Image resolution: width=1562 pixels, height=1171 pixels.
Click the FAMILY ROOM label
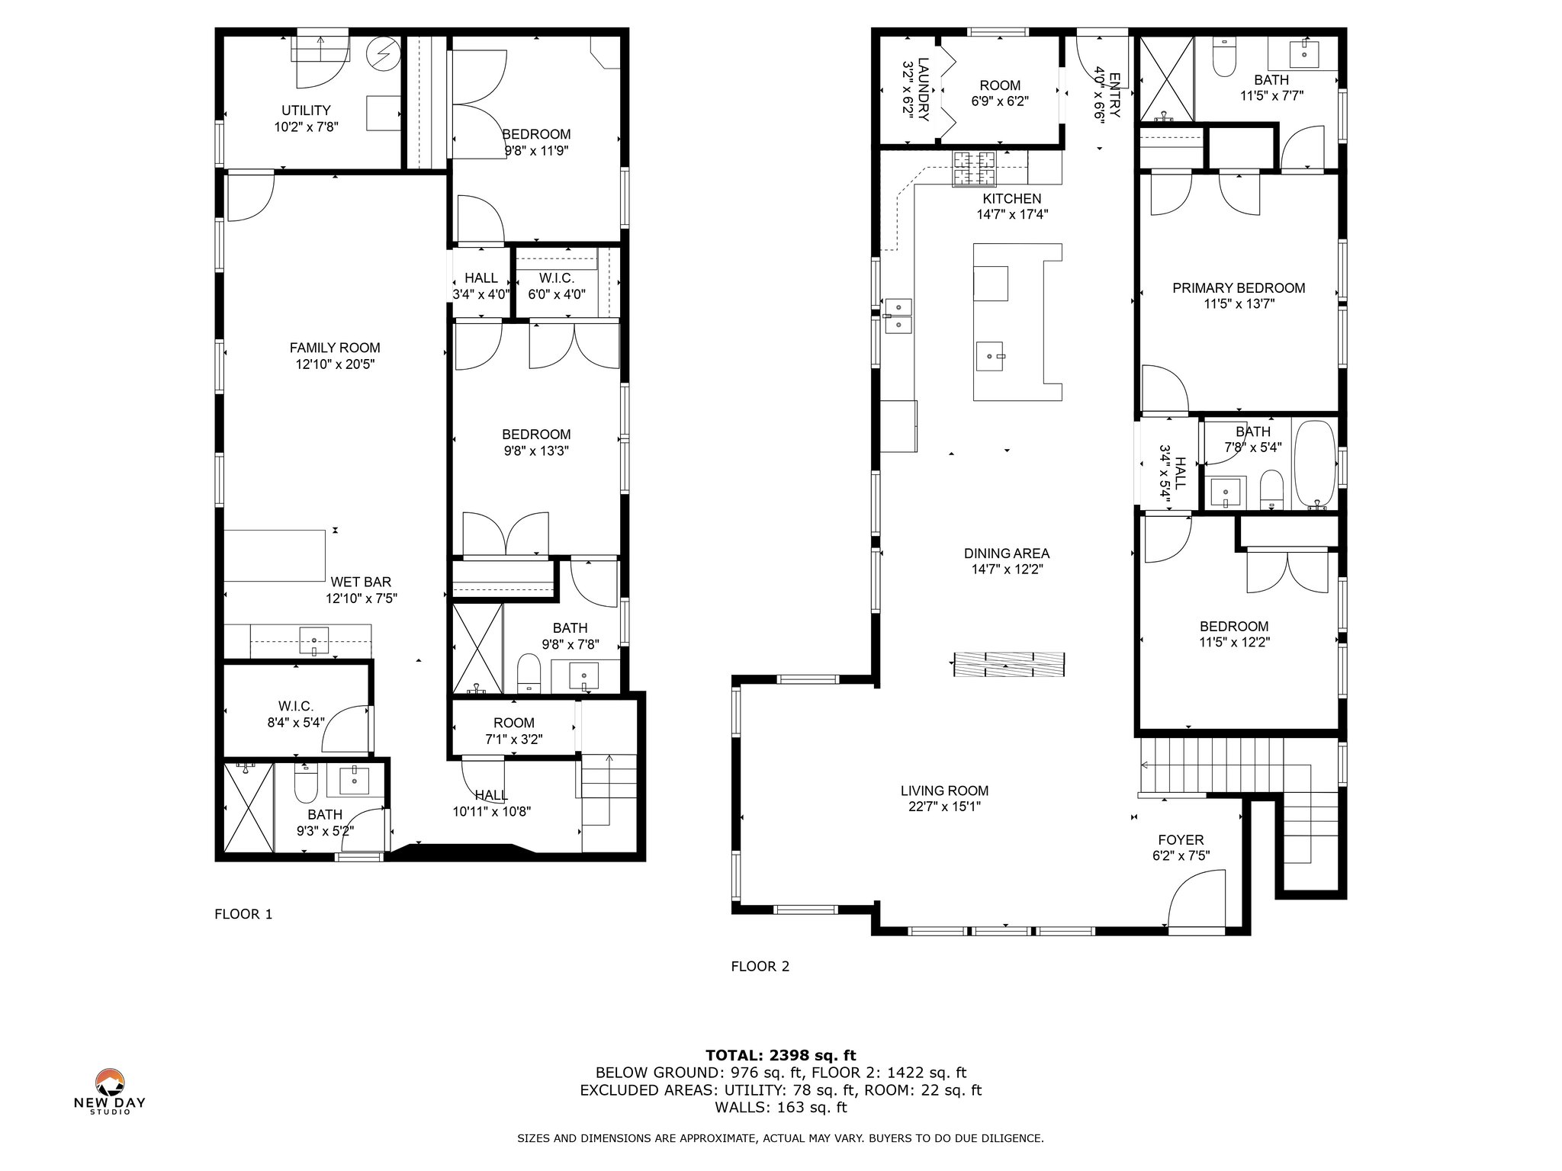335,348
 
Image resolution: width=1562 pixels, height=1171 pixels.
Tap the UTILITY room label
306,111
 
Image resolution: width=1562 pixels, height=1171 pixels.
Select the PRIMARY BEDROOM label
1239,288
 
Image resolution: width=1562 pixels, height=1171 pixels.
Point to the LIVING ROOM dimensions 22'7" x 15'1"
944,807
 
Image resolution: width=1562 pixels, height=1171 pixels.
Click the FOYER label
1181,840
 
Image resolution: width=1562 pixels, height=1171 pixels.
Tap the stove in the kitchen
974,168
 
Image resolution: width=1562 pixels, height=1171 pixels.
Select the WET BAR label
361,582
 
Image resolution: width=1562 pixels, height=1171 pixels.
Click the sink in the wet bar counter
313,639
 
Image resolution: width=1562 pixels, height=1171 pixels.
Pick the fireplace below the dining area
1008,664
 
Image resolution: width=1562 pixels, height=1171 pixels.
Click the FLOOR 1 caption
243,914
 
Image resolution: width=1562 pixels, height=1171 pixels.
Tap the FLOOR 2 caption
760,967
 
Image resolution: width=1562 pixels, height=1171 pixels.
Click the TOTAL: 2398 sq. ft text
780,1056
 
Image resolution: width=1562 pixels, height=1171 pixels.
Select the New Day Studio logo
110,1092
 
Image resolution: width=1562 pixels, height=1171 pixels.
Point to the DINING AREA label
1007,553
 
